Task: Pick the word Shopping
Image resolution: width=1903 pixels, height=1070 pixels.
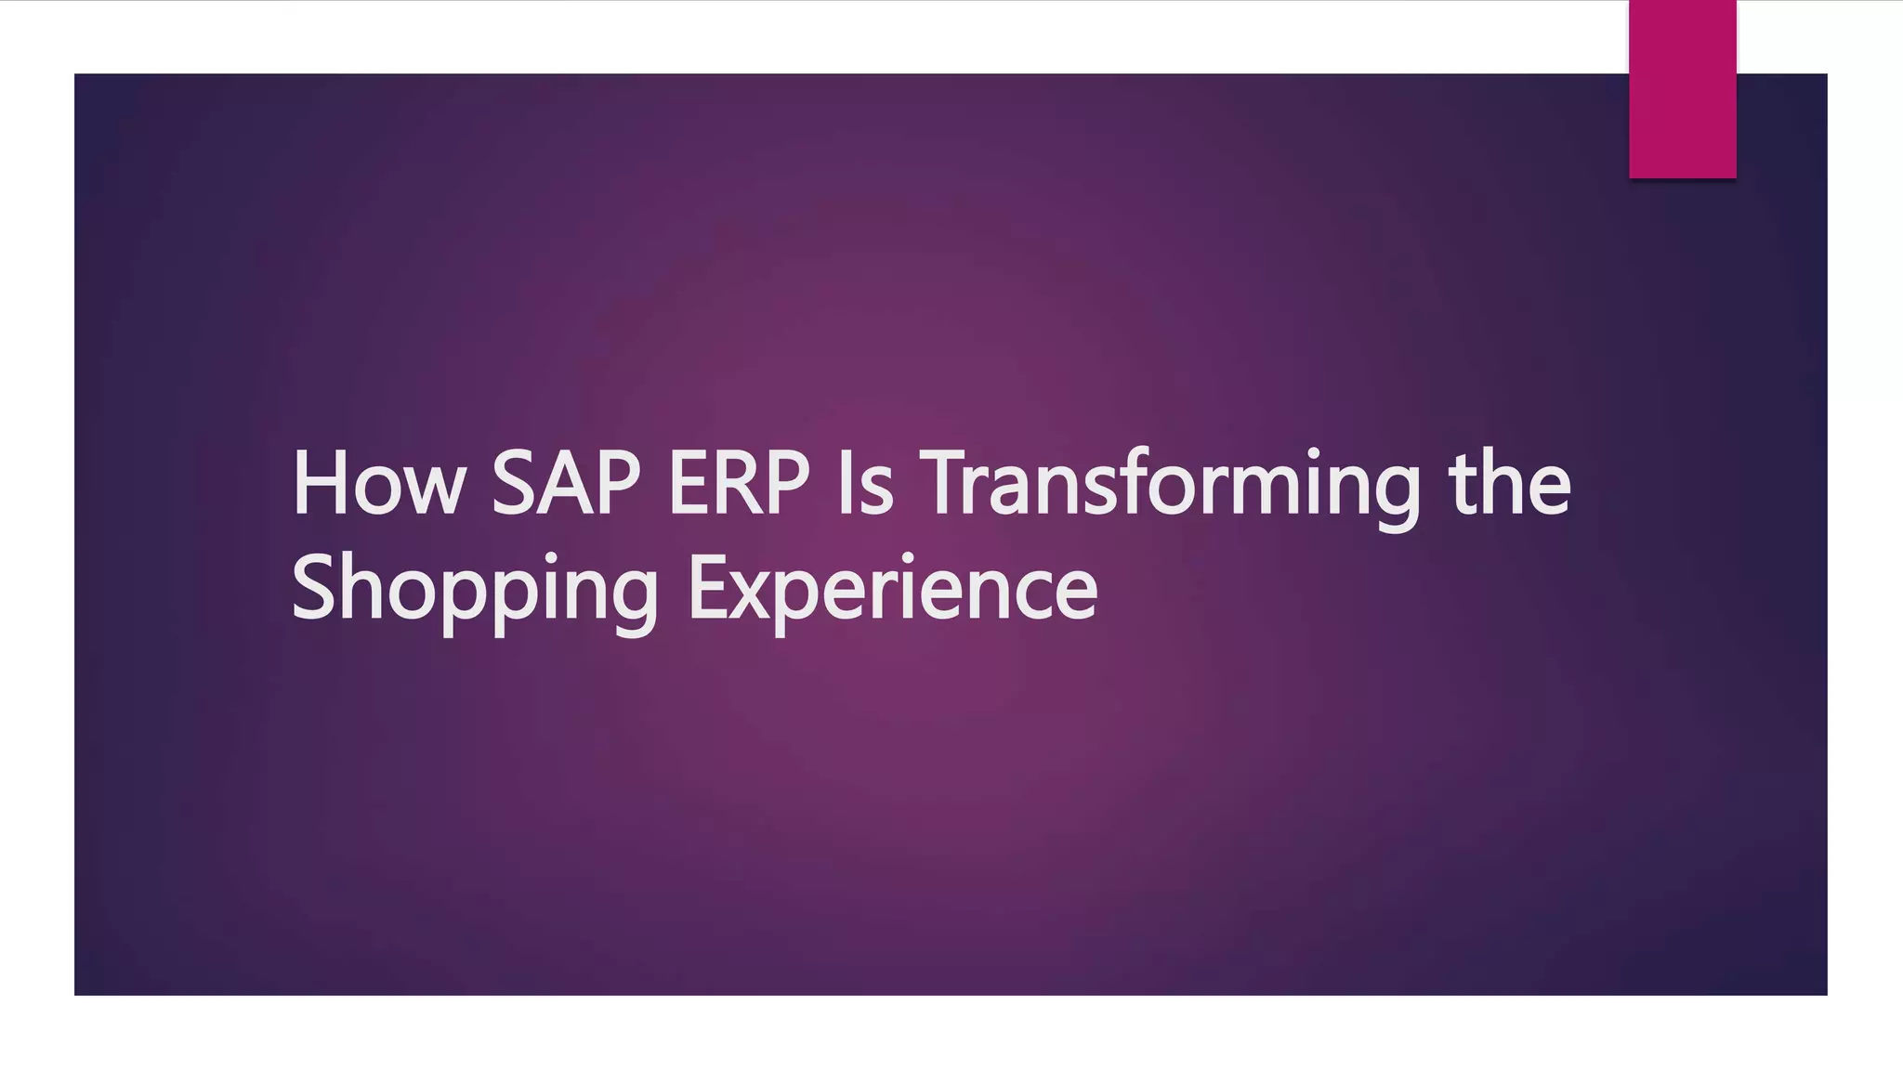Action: (x=475, y=589)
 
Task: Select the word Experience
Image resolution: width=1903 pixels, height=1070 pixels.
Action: (x=892, y=589)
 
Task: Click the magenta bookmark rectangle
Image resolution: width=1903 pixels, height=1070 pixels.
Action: (x=1682, y=89)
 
